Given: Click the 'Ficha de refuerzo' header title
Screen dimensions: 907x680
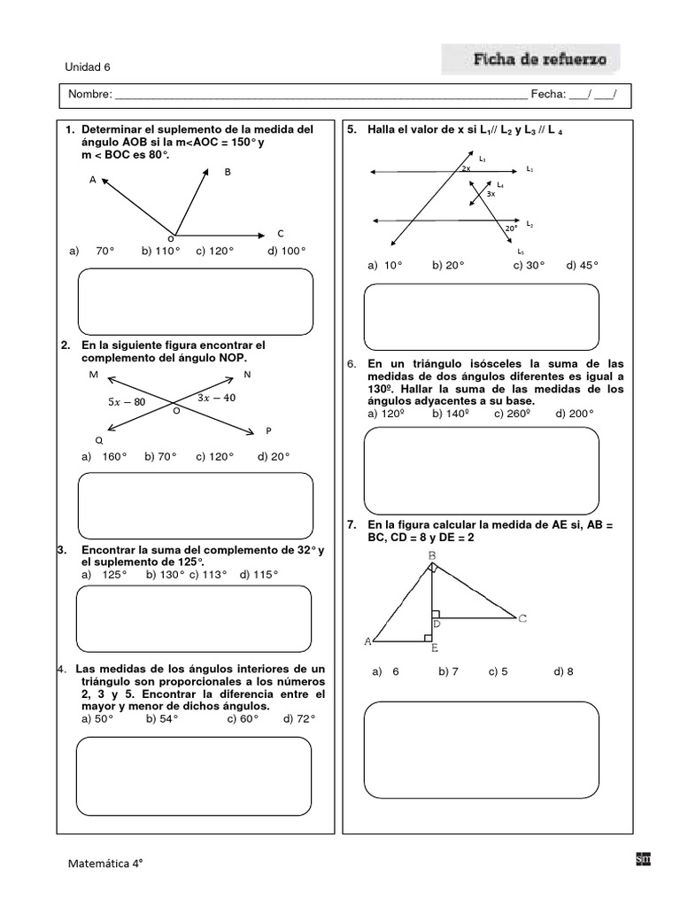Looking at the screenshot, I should point(539,60).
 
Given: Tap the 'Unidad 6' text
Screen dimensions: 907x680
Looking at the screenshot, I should point(88,66).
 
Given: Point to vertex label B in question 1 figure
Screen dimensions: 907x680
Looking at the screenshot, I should point(227,172).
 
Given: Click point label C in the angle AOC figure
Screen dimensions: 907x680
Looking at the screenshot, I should point(281,234).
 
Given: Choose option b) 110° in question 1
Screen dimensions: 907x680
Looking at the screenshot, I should point(160,252).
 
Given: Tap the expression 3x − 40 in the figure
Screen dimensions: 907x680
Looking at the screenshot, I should point(216,398).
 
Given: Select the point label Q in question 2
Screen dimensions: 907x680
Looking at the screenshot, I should point(98,440).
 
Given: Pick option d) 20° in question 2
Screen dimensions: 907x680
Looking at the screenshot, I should point(274,457).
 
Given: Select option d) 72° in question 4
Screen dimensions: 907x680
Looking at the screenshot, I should point(299,719).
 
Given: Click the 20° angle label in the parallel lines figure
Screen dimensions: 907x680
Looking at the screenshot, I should point(511,229).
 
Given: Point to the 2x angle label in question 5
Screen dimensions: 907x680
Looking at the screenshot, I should point(466,167).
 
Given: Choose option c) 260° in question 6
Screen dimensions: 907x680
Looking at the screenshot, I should point(511,414).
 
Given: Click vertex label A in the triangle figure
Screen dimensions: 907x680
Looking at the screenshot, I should point(367,640).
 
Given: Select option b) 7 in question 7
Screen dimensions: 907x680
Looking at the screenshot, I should point(447,672).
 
